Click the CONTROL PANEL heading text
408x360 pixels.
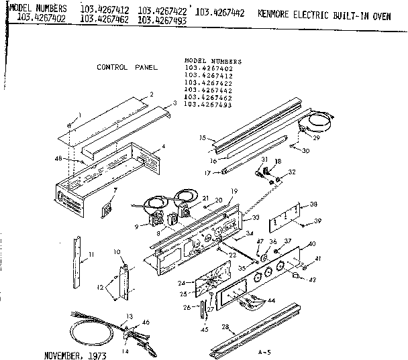tap(127, 68)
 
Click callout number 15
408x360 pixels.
tap(201, 138)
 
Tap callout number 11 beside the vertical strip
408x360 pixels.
tap(91, 254)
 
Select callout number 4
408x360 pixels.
tap(164, 146)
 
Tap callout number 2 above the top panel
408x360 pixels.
tap(151, 95)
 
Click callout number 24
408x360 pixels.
tap(181, 283)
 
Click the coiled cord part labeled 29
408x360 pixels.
tap(315, 121)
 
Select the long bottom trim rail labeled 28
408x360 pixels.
tap(258, 334)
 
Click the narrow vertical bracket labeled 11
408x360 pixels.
tap(78, 257)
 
